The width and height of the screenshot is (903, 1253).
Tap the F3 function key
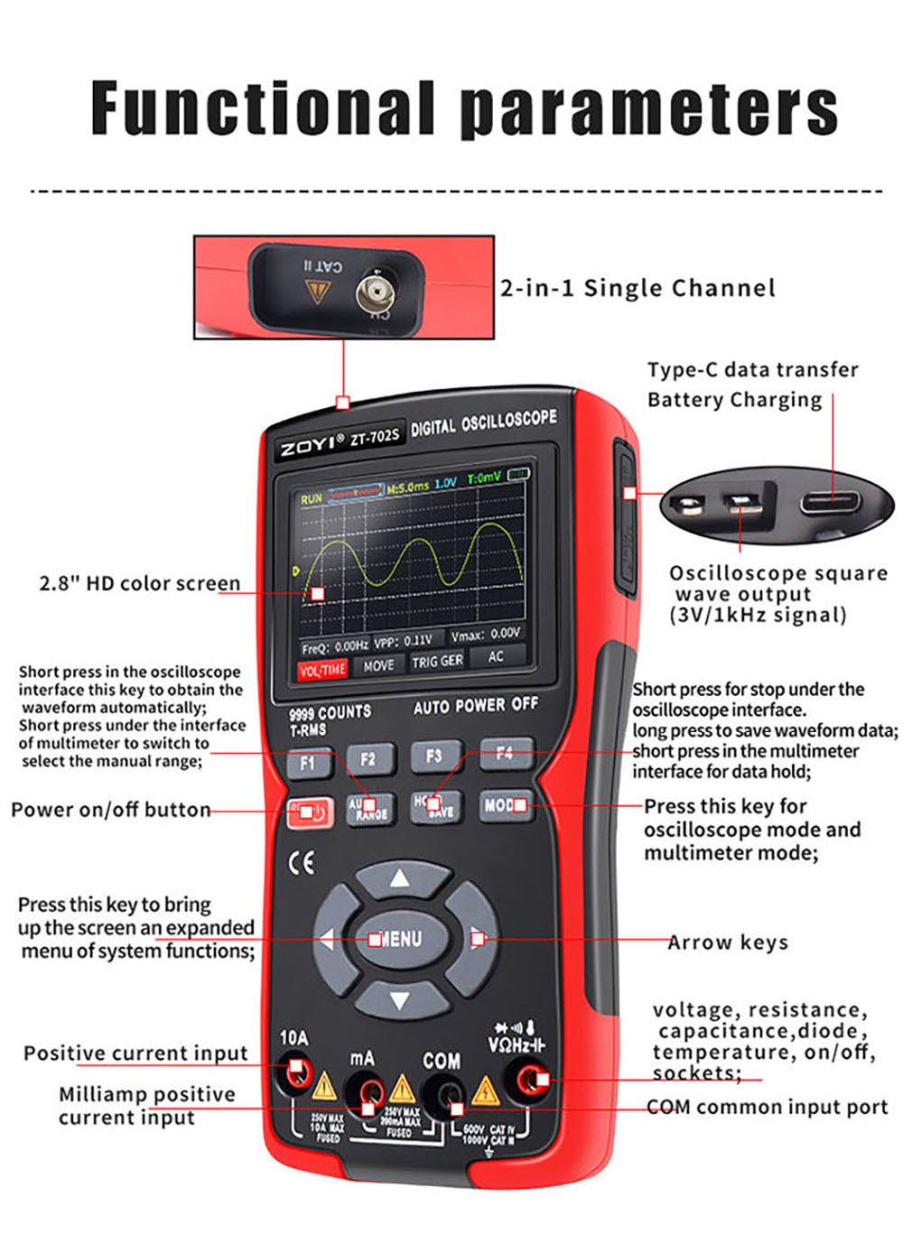433,756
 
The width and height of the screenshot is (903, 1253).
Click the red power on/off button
309,812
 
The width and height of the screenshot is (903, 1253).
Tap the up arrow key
399,878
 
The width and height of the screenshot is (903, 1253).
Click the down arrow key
399,999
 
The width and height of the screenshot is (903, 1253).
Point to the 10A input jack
295,1073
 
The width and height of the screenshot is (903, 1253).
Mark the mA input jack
366,1095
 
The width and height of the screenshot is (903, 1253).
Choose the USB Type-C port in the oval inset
831,501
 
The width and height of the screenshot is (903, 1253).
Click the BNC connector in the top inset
374,292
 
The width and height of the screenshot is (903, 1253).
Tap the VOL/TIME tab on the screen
322,669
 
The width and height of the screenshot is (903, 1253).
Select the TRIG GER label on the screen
437,662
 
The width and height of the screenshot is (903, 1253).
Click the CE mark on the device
302,863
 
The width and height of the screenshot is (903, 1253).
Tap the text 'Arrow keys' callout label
728,942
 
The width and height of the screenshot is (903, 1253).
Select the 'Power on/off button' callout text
110,810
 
